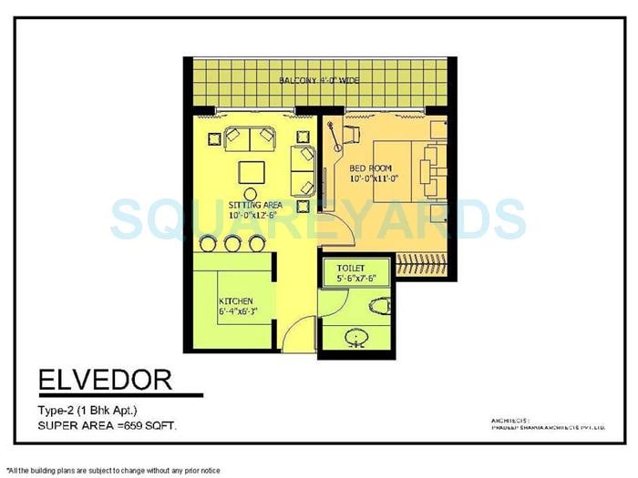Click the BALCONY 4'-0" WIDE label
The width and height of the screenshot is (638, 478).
tap(320, 82)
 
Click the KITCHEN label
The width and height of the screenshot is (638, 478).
tap(236, 300)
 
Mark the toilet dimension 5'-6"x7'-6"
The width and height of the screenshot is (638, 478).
tap(351, 277)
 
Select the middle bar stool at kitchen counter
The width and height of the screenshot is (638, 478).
tap(232, 242)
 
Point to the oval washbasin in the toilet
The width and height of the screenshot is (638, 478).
tap(355, 339)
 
